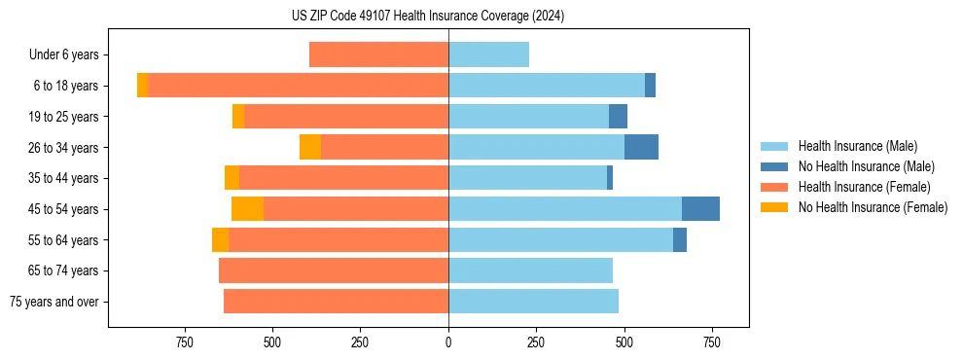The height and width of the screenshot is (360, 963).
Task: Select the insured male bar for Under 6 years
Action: click(x=488, y=54)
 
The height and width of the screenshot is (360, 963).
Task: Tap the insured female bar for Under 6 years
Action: click(x=378, y=54)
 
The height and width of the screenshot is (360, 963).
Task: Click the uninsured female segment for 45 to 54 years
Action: click(x=247, y=209)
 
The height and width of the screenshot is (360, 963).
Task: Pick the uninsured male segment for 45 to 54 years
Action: click(x=700, y=209)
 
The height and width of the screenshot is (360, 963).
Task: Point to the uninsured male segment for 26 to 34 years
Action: click(x=641, y=147)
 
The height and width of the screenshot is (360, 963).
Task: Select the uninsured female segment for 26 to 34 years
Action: click(x=310, y=147)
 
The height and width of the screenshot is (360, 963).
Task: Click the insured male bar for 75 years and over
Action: click(x=533, y=302)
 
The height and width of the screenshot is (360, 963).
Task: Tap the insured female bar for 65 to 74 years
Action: click(x=334, y=270)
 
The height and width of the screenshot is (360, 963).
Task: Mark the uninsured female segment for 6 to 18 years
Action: click(x=142, y=86)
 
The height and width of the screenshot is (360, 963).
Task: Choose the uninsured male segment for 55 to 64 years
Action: click(x=679, y=239)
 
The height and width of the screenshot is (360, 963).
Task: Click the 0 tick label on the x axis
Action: click(x=448, y=342)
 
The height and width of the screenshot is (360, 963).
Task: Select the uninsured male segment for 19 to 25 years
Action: click(x=618, y=117)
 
